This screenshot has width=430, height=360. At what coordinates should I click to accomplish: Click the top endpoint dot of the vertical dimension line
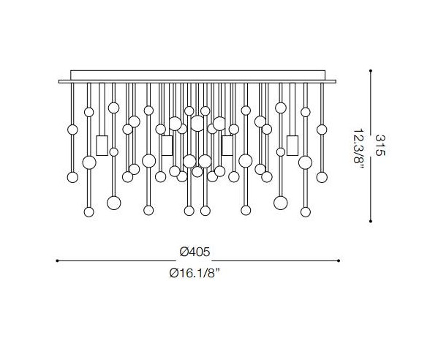coord(371,71)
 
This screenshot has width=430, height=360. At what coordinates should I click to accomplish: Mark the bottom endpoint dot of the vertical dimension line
coord(371,220)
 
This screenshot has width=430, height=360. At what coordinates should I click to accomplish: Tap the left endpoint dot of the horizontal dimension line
coord(58,260)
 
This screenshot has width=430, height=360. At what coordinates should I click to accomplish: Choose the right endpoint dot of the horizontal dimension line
coord(339,260)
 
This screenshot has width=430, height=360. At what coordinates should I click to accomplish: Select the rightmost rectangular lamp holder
coord(293,145)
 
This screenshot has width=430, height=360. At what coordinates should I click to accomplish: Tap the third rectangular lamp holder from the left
coord(227,145)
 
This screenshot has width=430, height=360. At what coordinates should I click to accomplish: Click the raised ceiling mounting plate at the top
coord(198,75)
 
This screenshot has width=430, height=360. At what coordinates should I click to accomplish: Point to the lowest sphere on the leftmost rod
coord(72,176)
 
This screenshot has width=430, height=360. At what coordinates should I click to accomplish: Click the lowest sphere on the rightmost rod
coord(322,176)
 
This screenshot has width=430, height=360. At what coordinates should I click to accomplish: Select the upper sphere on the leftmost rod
coord(72,130)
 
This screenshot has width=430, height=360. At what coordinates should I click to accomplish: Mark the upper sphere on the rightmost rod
coord(322,130)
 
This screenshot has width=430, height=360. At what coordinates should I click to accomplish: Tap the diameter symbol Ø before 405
coord(183,251)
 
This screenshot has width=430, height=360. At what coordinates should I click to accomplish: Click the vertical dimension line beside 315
coord(371,146)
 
